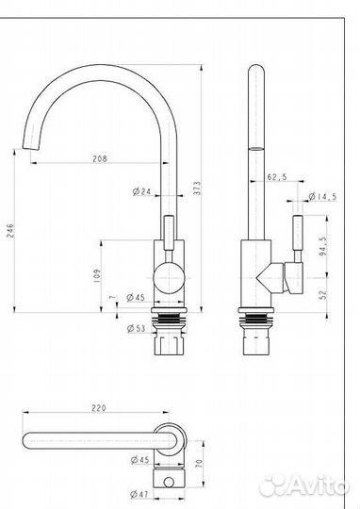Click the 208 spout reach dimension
tap(99, 158)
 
